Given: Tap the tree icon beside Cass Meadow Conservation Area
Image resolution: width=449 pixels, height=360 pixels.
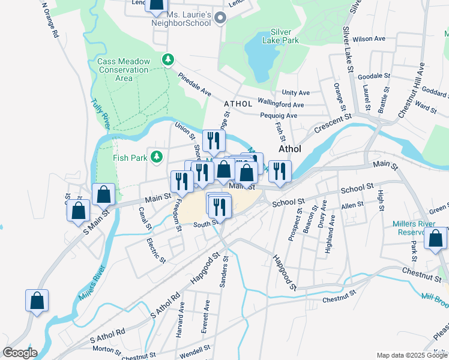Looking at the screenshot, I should (169, 60).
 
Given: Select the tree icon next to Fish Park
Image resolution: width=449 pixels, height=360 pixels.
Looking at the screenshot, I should (157, 157).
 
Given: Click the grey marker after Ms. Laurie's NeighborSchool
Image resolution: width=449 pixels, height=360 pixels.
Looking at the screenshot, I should (220, 19).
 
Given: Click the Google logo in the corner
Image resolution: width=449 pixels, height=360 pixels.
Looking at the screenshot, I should (19, 352).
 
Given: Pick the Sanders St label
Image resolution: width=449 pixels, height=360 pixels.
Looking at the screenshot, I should (224, 272).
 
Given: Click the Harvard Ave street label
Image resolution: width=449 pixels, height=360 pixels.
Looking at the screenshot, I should (179, 324).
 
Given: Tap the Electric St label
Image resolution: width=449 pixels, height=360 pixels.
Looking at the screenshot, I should (157, 251).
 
